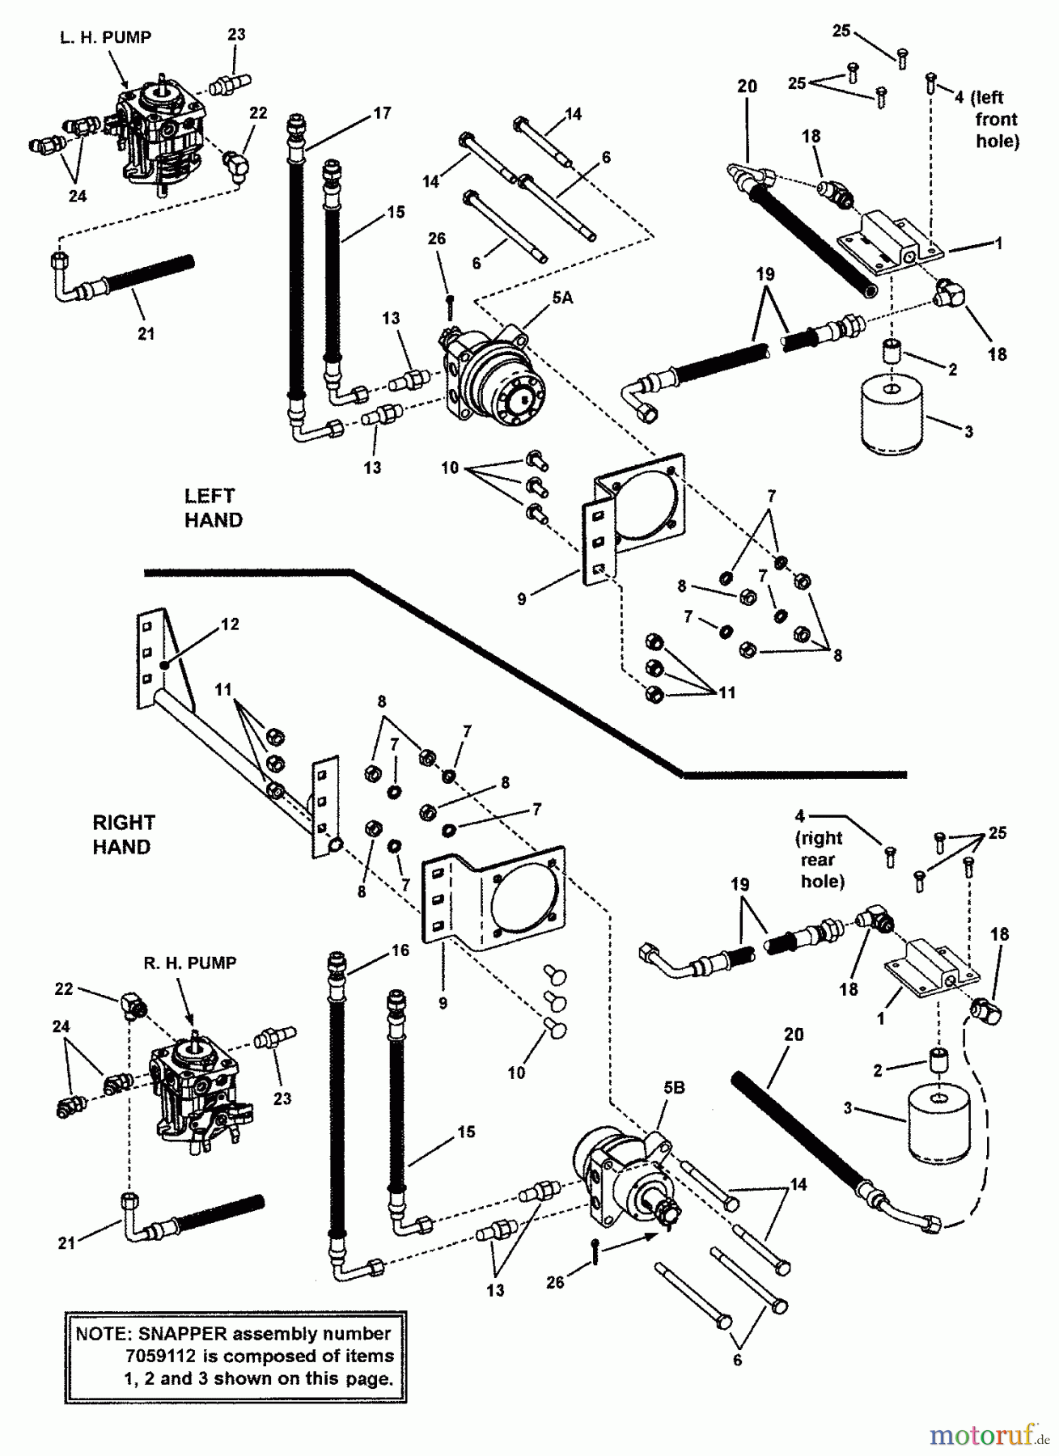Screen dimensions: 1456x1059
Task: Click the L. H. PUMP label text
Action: point(105,37)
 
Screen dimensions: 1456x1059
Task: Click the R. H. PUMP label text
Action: point(190,963)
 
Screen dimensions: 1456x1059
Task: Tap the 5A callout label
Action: point(562,298)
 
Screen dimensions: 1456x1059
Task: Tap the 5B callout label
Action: point(674,1088)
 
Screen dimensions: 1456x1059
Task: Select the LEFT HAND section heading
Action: point(213,508)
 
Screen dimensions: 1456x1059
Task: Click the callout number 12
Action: point(230,624)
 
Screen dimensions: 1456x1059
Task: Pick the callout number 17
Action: point(382,113)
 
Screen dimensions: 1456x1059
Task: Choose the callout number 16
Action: point(400,950)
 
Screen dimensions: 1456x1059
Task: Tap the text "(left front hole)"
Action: point(991,119)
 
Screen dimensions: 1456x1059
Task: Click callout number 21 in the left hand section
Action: point(146,333)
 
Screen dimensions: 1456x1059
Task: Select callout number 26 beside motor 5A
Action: point(436,239)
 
